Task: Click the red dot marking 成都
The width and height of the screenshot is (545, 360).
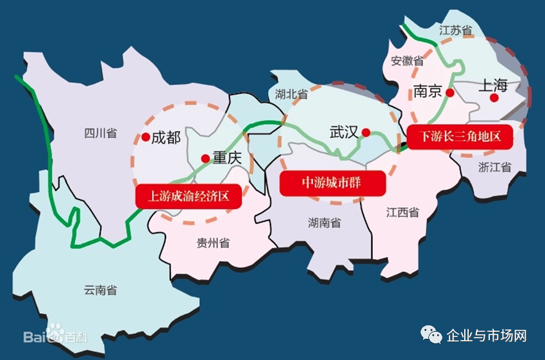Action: [x=146, y=137]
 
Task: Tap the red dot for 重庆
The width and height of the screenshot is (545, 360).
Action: [x=205, y=158]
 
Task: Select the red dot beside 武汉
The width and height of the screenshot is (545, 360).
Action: [x=365, y=133]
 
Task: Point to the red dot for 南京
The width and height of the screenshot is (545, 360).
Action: [x=450, y=92]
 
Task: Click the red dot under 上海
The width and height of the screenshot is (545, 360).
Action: [x=494, y=98]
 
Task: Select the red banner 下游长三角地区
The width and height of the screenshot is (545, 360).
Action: [x=460, y=137]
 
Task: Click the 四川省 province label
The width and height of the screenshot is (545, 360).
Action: [x=100, y=133]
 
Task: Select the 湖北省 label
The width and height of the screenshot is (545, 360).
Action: [x=291, y=94]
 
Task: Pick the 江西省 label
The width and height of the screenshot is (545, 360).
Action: [x=402, y=212]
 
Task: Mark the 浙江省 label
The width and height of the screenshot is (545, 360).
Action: [x=494, y=167]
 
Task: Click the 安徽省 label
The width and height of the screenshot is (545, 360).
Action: [x=407, y=61]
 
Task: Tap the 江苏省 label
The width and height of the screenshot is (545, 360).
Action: [x=455, y=30]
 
